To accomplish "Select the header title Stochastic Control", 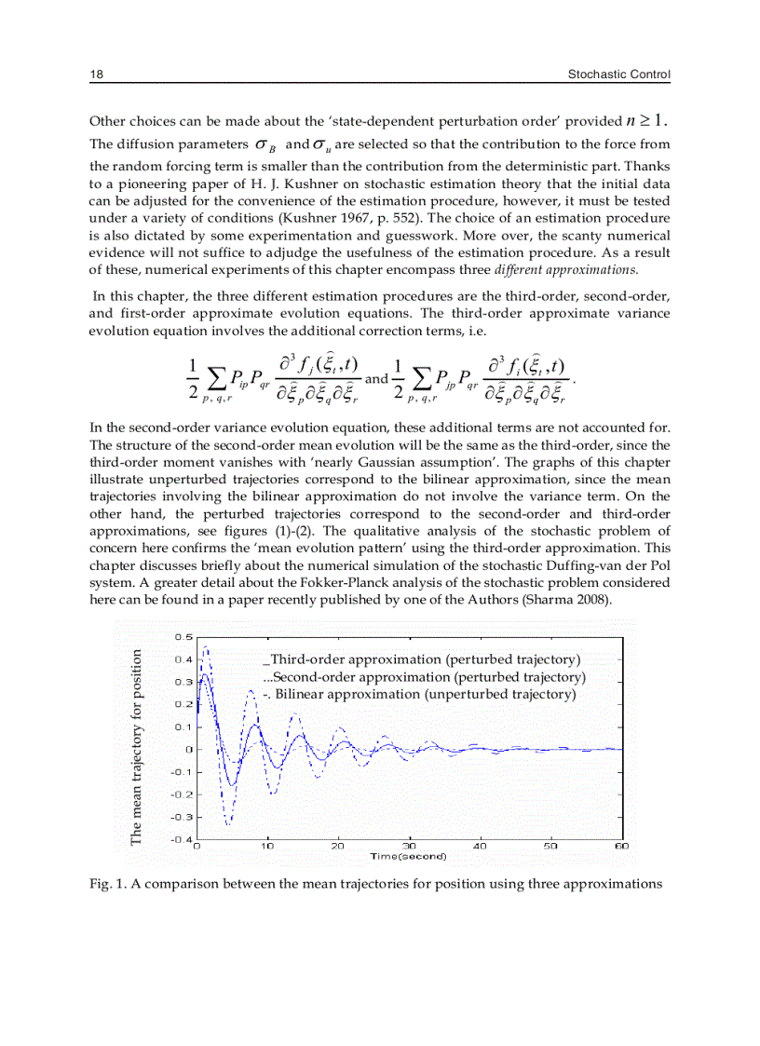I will [619, 75].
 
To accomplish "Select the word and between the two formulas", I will [376, 379].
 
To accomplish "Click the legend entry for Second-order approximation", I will [424, 677].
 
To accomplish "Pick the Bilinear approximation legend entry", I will [420, 695].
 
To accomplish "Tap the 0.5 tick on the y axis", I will [183, 637].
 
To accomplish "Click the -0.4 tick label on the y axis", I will [182, 839].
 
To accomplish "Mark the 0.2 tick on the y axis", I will [183, 704].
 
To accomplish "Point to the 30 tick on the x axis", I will [409, 846].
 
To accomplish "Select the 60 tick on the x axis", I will [621, 846].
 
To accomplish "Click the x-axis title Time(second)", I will [409, 855].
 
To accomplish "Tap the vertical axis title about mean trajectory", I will [136, 747].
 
